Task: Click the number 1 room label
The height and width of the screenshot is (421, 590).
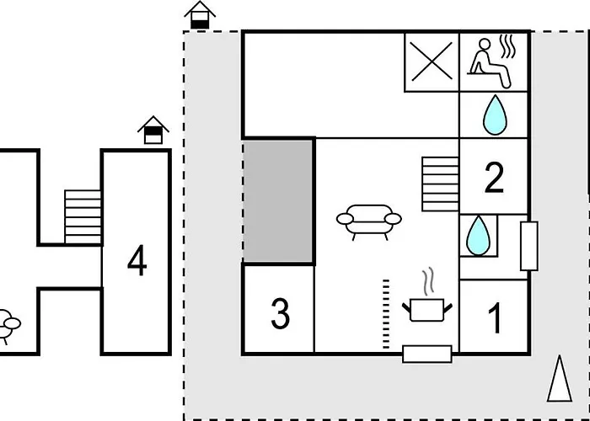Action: click(x=496, y=318)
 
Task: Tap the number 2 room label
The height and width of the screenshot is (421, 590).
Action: click(x=494, y=178)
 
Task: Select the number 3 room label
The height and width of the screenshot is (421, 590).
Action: click(x=281, y=313)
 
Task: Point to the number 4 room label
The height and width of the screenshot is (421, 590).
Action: click(x=137, y=260)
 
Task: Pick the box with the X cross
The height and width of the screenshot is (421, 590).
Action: click(x=432, y=61)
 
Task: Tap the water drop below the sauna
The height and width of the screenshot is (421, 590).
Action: click(x=495, y=115)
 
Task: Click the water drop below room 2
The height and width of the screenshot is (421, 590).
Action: click(x=478, y=236)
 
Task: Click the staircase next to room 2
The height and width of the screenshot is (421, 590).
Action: click(x=440, y=184)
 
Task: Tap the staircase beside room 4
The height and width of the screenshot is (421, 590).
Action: click(x=83, y=217)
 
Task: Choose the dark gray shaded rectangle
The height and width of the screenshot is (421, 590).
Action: click(x=278, y=200)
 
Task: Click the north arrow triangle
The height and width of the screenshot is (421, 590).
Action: click(x=560, y=379)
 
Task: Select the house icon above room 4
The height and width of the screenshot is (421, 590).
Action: click(x=153, y=130)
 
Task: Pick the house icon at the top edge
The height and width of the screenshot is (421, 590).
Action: click(x=200, y=15)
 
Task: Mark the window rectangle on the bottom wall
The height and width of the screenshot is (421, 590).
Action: click(x=427, y=354)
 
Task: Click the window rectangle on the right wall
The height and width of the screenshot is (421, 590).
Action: click(x=529, y=246)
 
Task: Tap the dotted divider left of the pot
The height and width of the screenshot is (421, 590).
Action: click(x=386, y=314)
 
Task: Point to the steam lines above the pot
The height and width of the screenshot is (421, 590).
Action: click(x=428, y=280)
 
